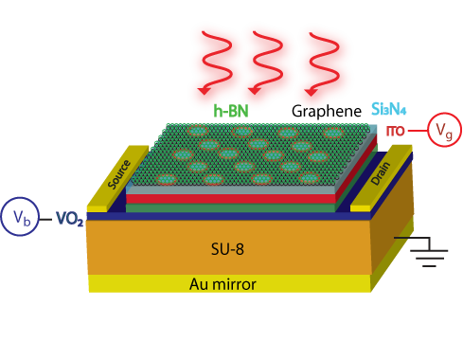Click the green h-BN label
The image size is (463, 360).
pyautogui.click(x=231, y=111)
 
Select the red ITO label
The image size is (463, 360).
pyautogui.click(x=395, y=129)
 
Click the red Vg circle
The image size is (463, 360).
pyautogui.click(x=444, y=130)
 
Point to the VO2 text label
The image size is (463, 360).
pyautogui.click(x=69, y=218)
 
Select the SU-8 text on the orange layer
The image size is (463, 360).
pyautogui.click(x=227, y=250)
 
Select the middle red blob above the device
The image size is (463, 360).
pyautogui.click(x=268, y=63)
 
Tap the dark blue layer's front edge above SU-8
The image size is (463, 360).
pyautogui.click(x=227, y=215)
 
